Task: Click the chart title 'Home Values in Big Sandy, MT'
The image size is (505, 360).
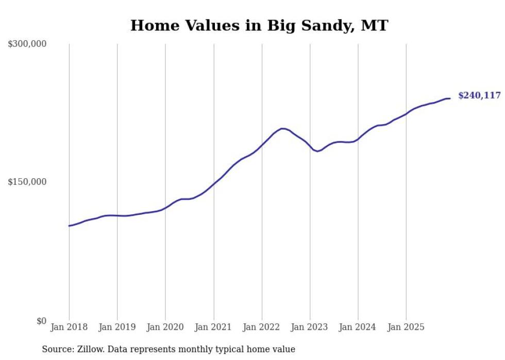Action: tap(259, 25)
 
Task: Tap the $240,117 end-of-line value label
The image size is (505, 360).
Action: tap(479, 95)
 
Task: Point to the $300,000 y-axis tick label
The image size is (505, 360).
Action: tap(27, 44)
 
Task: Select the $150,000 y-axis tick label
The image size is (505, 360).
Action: tap(27, 182)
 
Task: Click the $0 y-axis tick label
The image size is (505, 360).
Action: tap(41, 321)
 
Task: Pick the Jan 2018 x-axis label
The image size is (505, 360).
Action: tap(69, 327)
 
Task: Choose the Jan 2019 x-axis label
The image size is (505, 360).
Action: tap(117, 327)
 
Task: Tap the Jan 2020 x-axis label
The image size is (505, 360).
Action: tap(165, 327)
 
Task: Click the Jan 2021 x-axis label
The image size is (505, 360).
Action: tap(213, 327)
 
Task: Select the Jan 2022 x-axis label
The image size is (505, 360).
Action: tap(262, 327)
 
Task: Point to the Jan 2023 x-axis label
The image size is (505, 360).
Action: tap(310, 327)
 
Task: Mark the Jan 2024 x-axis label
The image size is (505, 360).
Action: tap(358, 327)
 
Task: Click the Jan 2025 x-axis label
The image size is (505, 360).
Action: tap(406, 327)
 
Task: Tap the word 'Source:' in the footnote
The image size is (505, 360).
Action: tap(57, 349)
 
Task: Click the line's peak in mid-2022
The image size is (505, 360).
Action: tap(282, 128)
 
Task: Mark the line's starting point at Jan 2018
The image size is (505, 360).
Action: tap(69, 226)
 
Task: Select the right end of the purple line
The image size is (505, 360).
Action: tap(449, 98)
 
